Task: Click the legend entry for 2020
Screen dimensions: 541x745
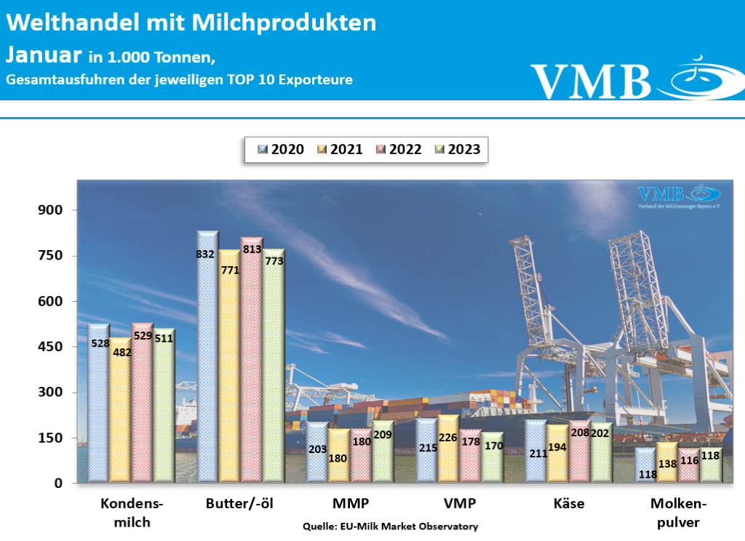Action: tap(280, 149)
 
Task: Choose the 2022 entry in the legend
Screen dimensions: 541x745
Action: tap(398, 149)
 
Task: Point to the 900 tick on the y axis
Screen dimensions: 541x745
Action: tap(52, 210)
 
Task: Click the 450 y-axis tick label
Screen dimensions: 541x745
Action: tap(52, 347)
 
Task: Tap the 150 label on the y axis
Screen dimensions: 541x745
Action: tap(52, 438)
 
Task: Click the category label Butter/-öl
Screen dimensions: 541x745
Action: tap(239, 504)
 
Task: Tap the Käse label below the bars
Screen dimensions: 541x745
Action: tap(568, 504)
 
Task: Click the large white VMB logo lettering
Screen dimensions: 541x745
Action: tap(591, 80)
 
